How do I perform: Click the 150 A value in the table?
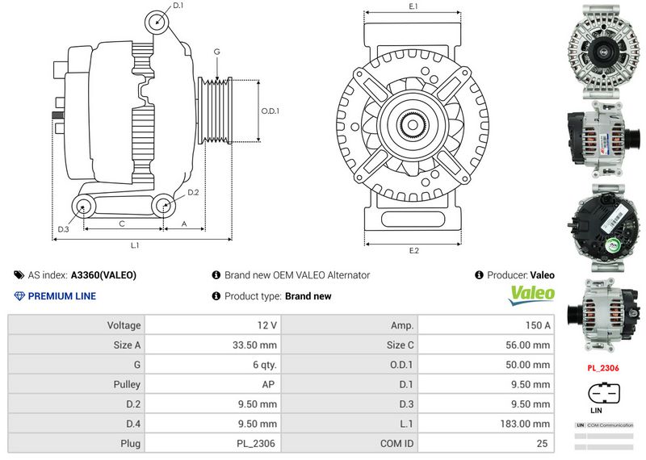coord(536,325)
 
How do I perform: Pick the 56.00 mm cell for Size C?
coord(531,345)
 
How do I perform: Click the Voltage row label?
coord(124,325)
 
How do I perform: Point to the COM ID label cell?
coord(397,443)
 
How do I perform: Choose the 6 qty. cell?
coord(263,365)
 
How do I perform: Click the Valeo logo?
coord(531,294)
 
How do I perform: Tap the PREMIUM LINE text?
coord(61,296)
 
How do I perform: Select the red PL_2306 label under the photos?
coord(602,368)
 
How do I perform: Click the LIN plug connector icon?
coord(602,393)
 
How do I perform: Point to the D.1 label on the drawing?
coord(178,6)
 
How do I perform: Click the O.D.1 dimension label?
coord(271,111)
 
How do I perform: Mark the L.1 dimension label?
coord(136,245)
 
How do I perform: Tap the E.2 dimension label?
coord(414,250)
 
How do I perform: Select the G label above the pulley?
coord(216,52)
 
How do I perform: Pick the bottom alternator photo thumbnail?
coord(602,314)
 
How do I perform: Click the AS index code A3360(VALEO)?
coord(103,275)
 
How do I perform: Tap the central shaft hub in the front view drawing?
coord(414,125)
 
